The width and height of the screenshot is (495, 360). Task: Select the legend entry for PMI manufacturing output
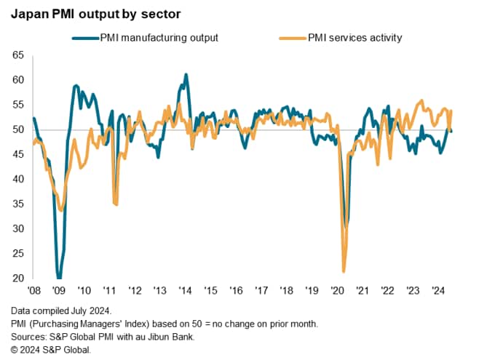point(159,37)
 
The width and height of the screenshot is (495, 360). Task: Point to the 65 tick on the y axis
point(19,55)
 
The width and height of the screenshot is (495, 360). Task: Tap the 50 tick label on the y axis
point(19,129)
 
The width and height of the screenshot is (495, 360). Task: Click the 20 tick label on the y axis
point(19,279)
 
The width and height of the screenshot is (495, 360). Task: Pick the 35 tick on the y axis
point(19,204)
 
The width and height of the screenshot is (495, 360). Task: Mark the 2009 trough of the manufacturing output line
point(59,277)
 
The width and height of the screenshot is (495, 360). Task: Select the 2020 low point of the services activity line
point(344,271)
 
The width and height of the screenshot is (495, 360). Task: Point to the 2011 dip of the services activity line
point(116,203)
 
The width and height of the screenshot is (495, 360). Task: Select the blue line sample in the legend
point(86,37)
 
